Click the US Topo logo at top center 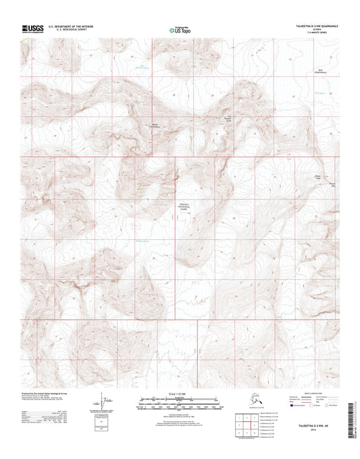[x=179, y=30]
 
